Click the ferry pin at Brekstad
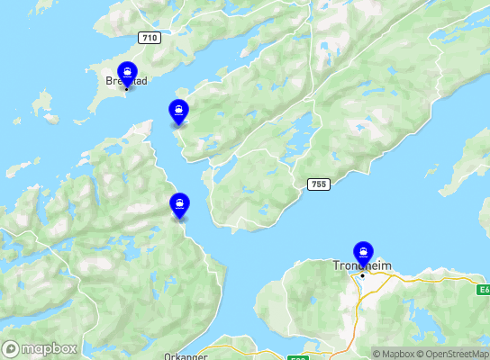click(128, 73)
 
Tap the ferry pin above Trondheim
click(363, 252)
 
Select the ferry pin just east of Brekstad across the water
click(179, 112)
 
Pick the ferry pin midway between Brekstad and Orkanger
click(180, 204)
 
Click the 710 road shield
click(150, 38)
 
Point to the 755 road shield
click(316, 184)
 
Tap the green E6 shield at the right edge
click(484, 291)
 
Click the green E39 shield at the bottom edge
click(298, 357)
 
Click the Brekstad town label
click(126, 80)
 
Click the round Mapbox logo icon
click(12, 348)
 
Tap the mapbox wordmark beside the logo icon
click(50, 348)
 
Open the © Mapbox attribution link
click(394, 354)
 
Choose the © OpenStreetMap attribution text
click(454, 354)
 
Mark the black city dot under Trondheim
click(362, 275)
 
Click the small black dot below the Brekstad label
click(126, 88)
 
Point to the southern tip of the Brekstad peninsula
click(91, 113)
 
